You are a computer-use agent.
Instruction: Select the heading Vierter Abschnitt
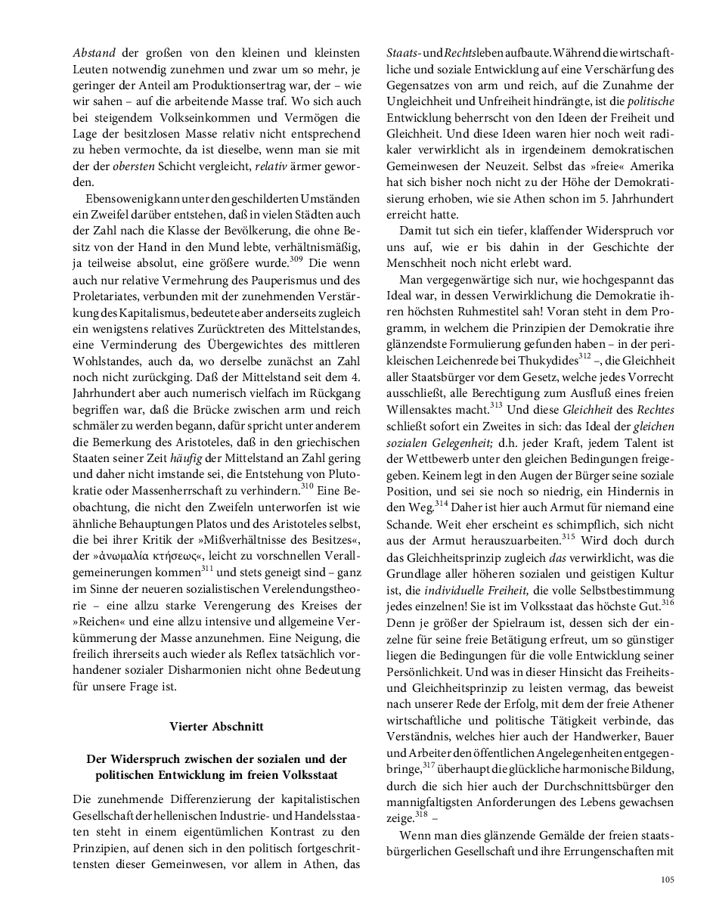[216, 726]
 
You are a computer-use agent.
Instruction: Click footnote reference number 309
[297, 261]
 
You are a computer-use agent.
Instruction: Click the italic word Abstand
[94, 53]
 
